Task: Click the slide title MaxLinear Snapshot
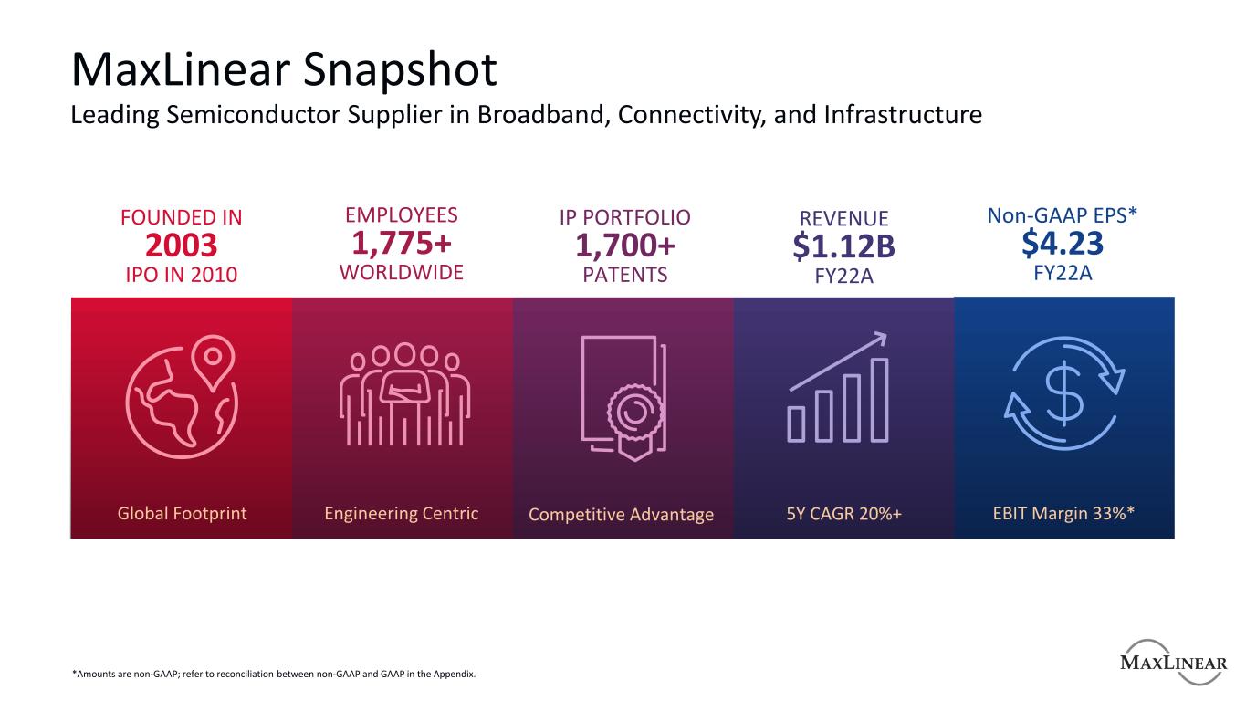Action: (284, 69)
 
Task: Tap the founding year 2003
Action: (182, 245)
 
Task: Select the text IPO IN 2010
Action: (182, 274)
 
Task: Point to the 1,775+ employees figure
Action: (402, 244)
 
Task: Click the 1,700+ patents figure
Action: (624, 246)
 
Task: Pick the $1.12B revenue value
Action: (843, 246)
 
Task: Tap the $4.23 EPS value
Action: (1063, 244)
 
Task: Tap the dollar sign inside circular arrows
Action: (1063, 395)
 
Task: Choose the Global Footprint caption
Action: (182, 513)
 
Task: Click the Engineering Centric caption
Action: (402, 513)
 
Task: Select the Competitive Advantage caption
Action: (621, 515)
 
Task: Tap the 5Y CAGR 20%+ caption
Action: (844, 513)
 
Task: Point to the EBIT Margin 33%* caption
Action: (1063, 513)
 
